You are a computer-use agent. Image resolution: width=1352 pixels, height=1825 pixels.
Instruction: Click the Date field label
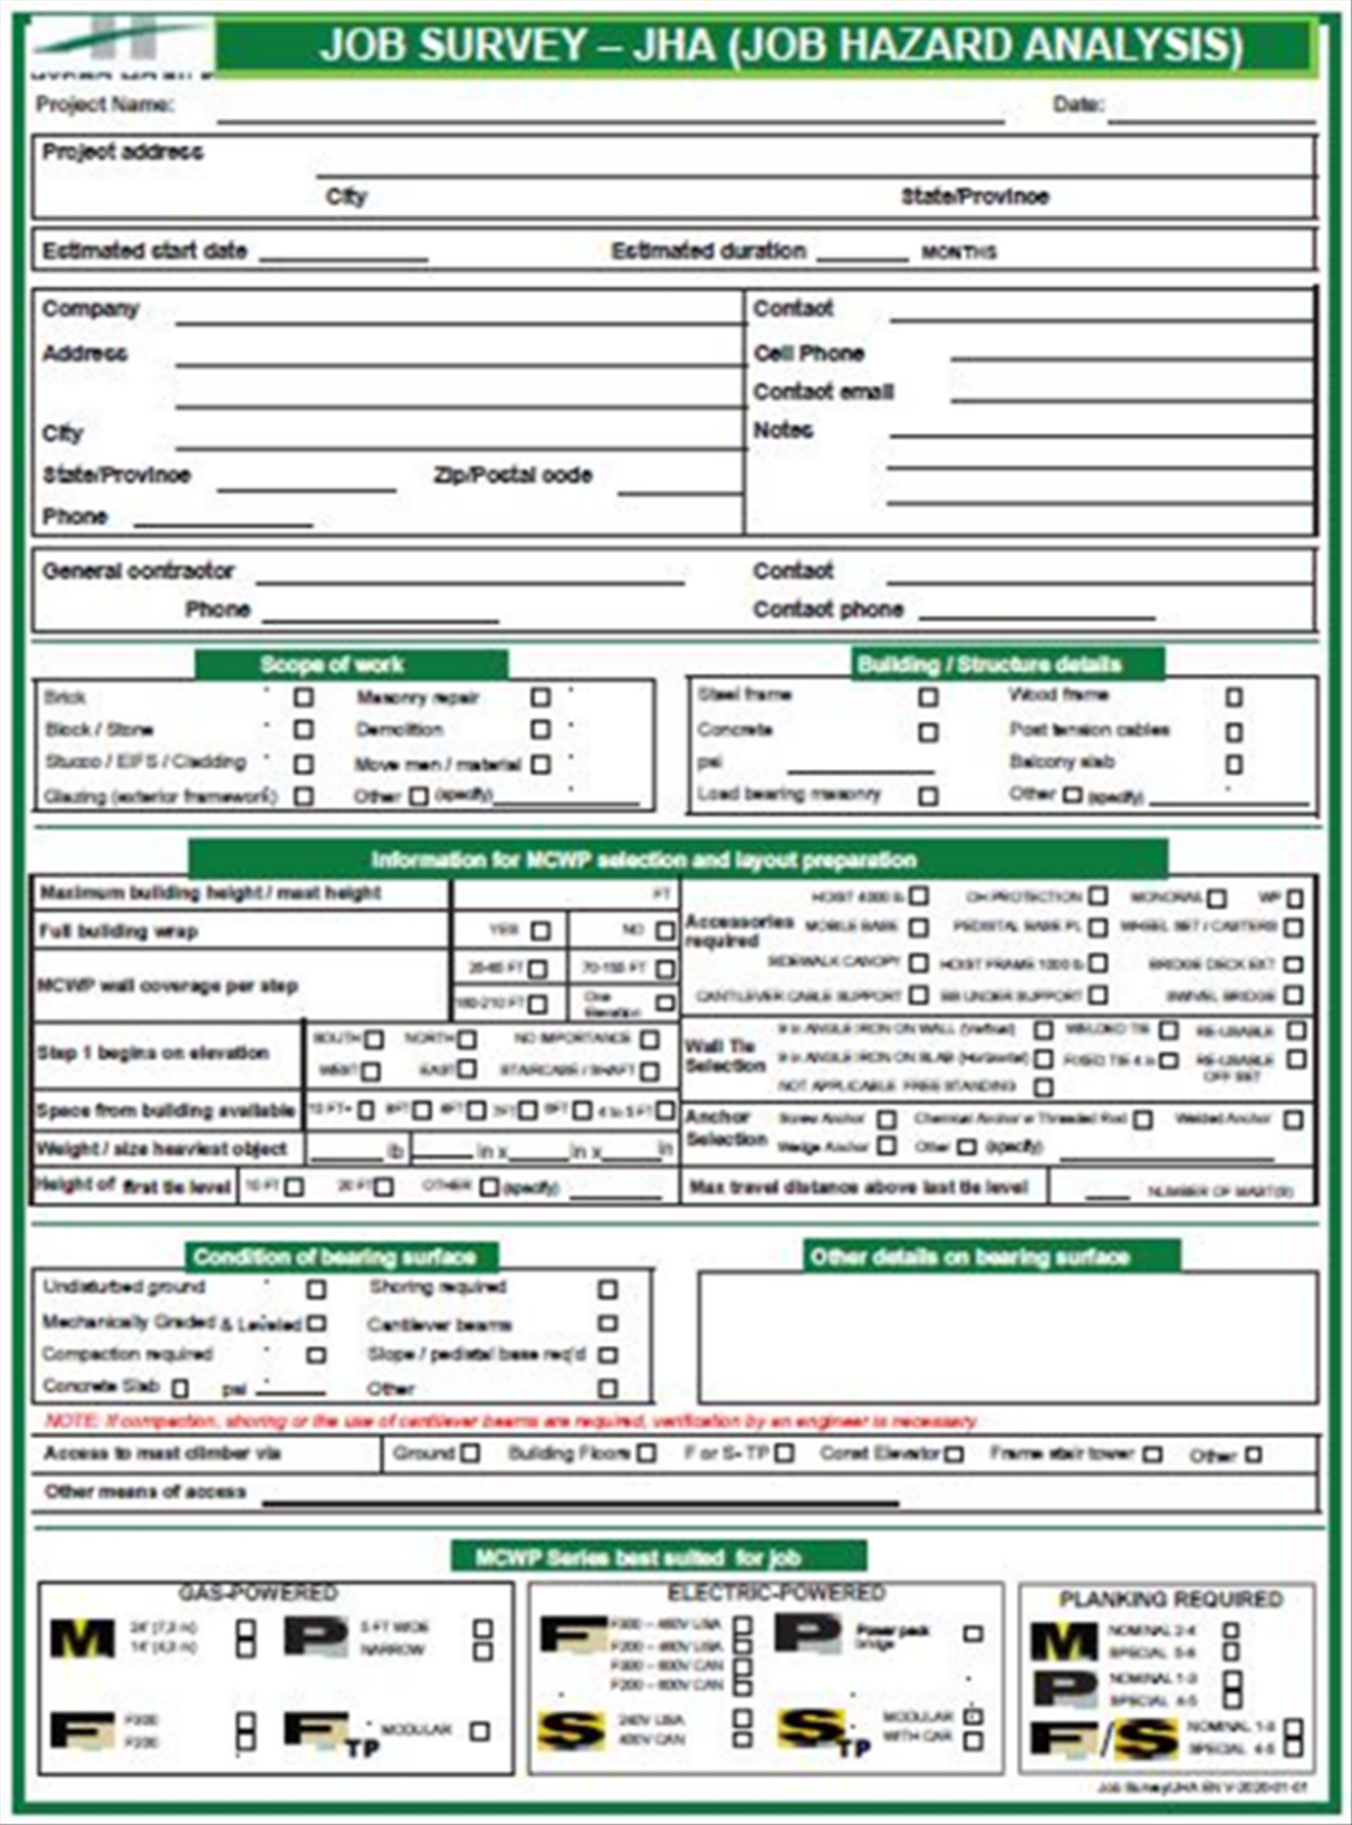pos(1077,105)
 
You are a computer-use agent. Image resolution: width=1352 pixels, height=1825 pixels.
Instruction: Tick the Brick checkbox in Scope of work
pos(303,698)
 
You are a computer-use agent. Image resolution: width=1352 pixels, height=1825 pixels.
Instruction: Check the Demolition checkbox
pos(541,730)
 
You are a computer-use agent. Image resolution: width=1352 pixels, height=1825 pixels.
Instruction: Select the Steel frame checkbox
pos(928,698)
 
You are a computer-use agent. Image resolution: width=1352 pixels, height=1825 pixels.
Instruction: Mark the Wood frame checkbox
pos(1234,698)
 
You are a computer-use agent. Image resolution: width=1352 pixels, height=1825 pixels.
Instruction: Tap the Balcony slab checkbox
pos(1234,764)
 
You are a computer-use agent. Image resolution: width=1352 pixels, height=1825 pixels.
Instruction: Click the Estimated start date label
pos(145,251)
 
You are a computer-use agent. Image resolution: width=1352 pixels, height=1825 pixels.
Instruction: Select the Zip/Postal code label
pos(512,474)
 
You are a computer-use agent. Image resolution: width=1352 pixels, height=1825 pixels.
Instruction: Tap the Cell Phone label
pos(808,354)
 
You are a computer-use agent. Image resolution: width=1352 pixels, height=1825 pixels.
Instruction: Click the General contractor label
pos(138,571)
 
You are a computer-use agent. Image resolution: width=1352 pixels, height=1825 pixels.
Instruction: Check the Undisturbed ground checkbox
pos(317,1290)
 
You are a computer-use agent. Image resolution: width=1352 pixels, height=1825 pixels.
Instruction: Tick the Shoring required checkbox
pos(608,1290)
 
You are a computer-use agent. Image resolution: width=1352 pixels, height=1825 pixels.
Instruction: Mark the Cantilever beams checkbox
pos(608,1323)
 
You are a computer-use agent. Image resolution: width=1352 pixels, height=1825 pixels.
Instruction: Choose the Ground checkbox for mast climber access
pos(470,1453)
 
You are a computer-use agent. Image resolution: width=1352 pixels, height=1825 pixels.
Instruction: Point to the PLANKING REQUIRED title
pos(1170,1599)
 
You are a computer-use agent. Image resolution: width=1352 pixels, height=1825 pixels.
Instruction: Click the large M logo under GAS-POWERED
pos(82,1639)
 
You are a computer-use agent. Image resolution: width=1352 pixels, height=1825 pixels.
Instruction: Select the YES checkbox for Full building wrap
pos(541,931)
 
